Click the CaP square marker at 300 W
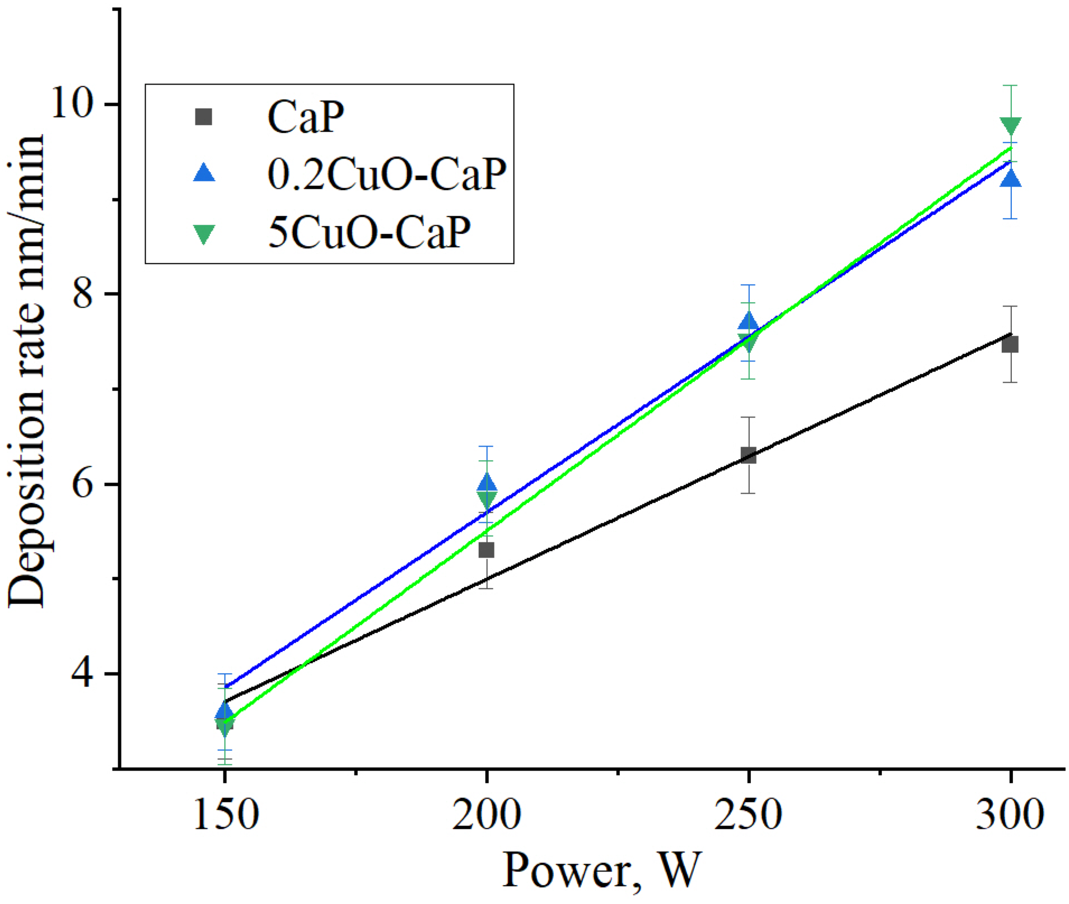[x=1010, y=344]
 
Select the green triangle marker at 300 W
[x=1010, y=126]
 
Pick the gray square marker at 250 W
[x=748, y=455]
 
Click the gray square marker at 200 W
[x=486, y=550]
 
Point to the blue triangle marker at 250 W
[x=748, y=322]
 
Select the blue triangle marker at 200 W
[x=487, y=483]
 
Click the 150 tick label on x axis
[x=225, y=814]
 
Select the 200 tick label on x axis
[x=486, y=814]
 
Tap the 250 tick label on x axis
[x=748, y=814]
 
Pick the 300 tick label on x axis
[x=1010, y=814]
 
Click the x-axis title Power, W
[x=601, y=870]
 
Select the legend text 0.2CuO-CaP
[x=386, y=174]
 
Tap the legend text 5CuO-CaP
[x=369, y=232]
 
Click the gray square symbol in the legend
[x=203, y=117]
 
